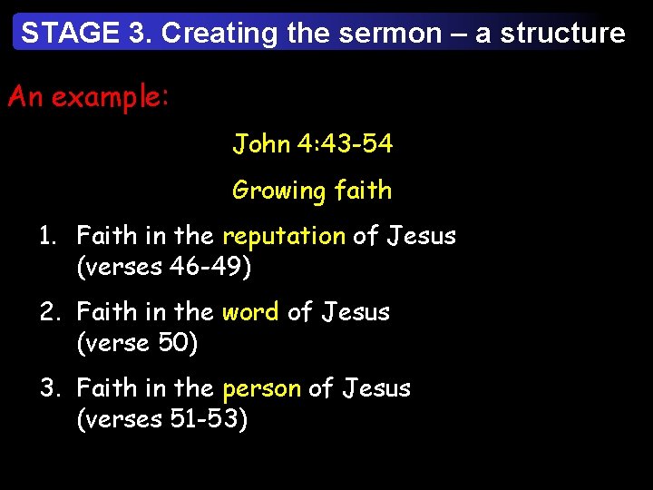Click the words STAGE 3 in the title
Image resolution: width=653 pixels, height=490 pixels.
[86, 34]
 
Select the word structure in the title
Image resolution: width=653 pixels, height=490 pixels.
[562, 34]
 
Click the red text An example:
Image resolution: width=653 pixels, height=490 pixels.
[88, 97]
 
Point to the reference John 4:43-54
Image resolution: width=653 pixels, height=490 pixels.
[312, 143]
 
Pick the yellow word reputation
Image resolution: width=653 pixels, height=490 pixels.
[284, 236]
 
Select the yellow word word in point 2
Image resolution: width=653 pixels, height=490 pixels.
[250, 312]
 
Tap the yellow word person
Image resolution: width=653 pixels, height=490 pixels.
[261, 388]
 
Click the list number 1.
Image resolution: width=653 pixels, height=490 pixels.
[48, 236]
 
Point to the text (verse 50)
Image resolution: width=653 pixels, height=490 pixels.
[137, 343]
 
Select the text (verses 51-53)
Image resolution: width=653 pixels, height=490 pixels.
[161, 419]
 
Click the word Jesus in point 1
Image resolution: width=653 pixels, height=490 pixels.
[422, 236]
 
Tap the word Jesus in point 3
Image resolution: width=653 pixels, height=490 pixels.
[376, 388]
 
